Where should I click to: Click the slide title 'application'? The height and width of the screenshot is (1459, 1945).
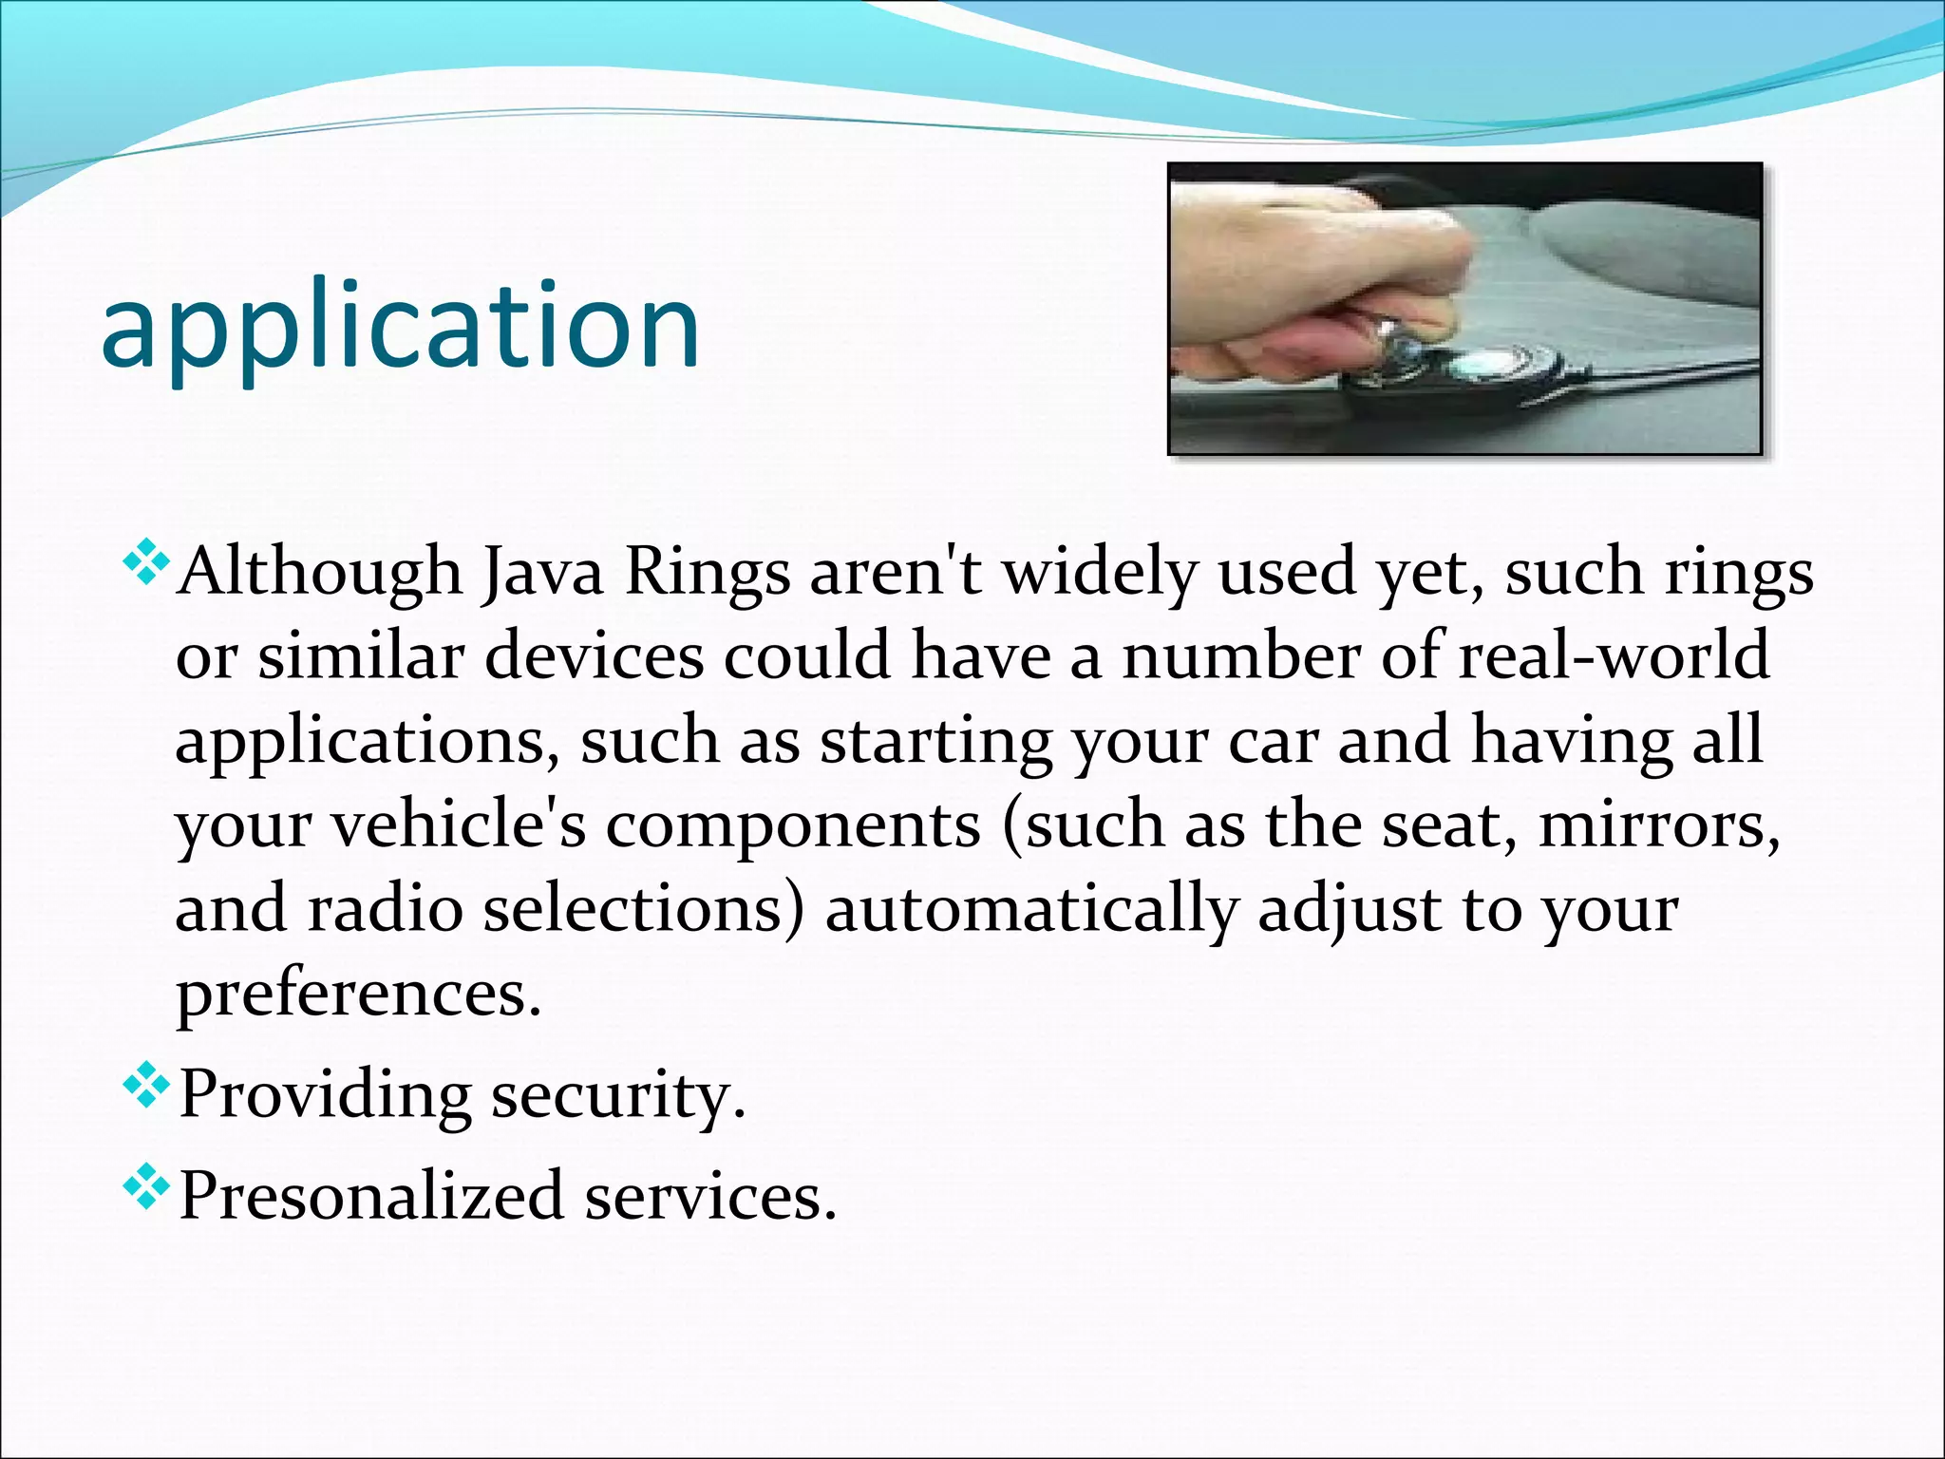tap(400, 329)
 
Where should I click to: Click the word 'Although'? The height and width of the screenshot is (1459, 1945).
tap(320, 574)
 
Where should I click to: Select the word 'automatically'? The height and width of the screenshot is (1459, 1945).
tap(1031, 908)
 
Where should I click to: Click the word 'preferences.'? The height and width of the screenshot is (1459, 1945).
tap(359, 994)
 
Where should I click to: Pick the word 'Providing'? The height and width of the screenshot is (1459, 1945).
tap(324, 1095)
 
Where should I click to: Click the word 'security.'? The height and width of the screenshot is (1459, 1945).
tap(618, 1095)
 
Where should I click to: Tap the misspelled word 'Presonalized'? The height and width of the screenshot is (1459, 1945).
tap(371, 1196)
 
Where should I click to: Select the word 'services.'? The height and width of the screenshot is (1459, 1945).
tap(710, 1196)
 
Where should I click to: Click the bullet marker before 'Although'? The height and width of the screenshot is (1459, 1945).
tap(146, 561)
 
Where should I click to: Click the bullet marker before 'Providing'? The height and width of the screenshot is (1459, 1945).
tap(146, 1086)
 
